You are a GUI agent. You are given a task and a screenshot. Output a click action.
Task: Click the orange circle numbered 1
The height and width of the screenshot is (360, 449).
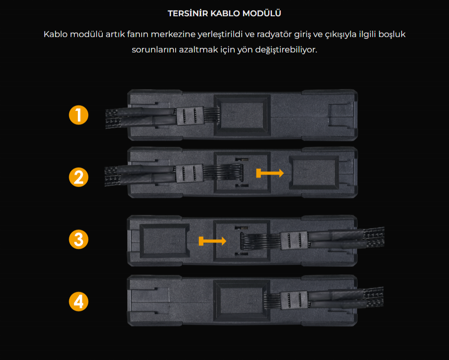78,115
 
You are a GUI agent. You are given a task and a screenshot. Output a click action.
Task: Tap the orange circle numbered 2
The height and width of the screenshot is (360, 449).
78,177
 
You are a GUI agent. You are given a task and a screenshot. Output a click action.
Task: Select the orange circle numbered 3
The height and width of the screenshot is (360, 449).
78,240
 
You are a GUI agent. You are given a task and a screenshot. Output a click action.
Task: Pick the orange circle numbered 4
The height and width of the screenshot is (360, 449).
78,302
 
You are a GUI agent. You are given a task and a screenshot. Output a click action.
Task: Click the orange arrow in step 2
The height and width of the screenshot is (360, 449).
270,173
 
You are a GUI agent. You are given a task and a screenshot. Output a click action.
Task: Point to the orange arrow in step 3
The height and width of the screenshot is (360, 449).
212,241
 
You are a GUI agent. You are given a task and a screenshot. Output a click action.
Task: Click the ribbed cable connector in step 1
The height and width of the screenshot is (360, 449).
190,116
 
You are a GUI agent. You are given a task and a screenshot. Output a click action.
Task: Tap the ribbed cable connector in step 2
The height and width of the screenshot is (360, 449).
189,173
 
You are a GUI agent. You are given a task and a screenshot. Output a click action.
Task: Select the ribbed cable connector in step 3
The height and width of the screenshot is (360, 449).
294,240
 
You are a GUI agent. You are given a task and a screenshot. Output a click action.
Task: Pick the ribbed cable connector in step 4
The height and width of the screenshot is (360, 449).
294,300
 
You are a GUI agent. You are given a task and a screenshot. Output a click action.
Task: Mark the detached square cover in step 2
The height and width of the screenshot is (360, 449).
314,172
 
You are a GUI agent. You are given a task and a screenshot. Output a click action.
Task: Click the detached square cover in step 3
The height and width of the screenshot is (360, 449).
164,240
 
